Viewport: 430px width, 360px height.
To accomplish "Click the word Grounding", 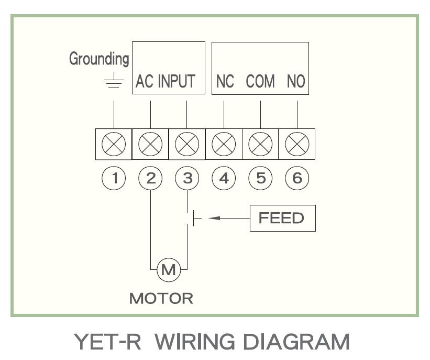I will pos(99,59).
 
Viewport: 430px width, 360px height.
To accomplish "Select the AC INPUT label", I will pos(166,82).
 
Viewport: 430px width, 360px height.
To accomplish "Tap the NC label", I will pos(225,82).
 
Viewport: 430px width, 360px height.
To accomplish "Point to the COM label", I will pos(260,82).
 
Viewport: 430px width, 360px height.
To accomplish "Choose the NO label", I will pos(296,82).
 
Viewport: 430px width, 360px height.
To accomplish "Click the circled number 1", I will pos(114,179).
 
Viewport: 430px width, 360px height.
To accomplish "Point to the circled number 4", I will pos(224,179).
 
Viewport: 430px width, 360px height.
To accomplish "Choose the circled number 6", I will pos(297,179).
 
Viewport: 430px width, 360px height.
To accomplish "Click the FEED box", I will pos(283,218).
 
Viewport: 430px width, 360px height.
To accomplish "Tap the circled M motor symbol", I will pos(169,270).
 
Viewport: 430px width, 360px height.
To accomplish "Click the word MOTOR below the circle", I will pos(161,299).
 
